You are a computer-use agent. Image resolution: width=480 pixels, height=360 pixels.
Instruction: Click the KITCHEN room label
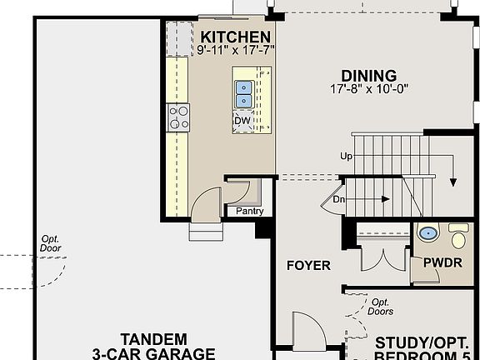(x=236, y=37)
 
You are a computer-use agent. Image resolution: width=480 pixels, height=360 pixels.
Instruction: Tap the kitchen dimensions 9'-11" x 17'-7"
(x=236, y=51)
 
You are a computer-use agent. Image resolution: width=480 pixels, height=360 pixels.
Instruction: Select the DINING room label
(x=367, y=75)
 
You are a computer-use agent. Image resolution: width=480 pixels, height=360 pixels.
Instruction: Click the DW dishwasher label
(x=242, y=121)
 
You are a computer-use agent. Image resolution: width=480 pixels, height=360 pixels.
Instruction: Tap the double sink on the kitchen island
(x=243, y=93)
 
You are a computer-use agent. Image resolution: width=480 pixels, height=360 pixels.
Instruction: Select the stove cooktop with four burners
(x=178, y=117)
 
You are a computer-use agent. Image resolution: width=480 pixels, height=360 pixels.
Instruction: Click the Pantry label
(x=249, y=211)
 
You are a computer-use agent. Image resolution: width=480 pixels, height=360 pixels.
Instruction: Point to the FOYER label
(x=308, y=267)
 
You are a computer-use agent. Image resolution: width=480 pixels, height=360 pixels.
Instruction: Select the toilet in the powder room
(x=457, y=237)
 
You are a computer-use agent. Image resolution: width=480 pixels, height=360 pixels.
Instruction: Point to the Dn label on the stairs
(x=339, y=199)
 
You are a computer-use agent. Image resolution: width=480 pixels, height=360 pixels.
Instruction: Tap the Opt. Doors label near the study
(x=381, y=307)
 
